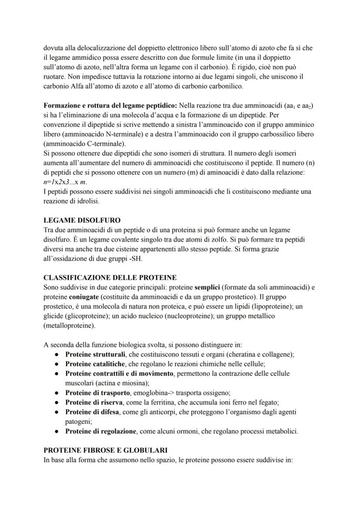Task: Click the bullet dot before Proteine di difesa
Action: (x=57, y=412)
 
